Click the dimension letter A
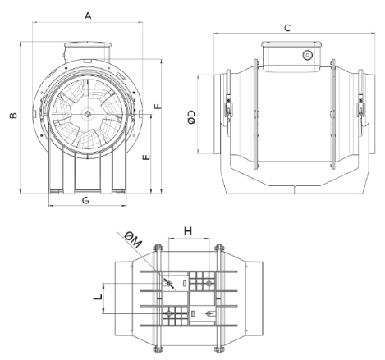88,16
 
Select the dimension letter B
13,116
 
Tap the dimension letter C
287,28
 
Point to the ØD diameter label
192,117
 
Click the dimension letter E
147,157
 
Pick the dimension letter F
158,106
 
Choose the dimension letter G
85,200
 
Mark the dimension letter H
188,231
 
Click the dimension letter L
98,297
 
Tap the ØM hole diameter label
133,239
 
